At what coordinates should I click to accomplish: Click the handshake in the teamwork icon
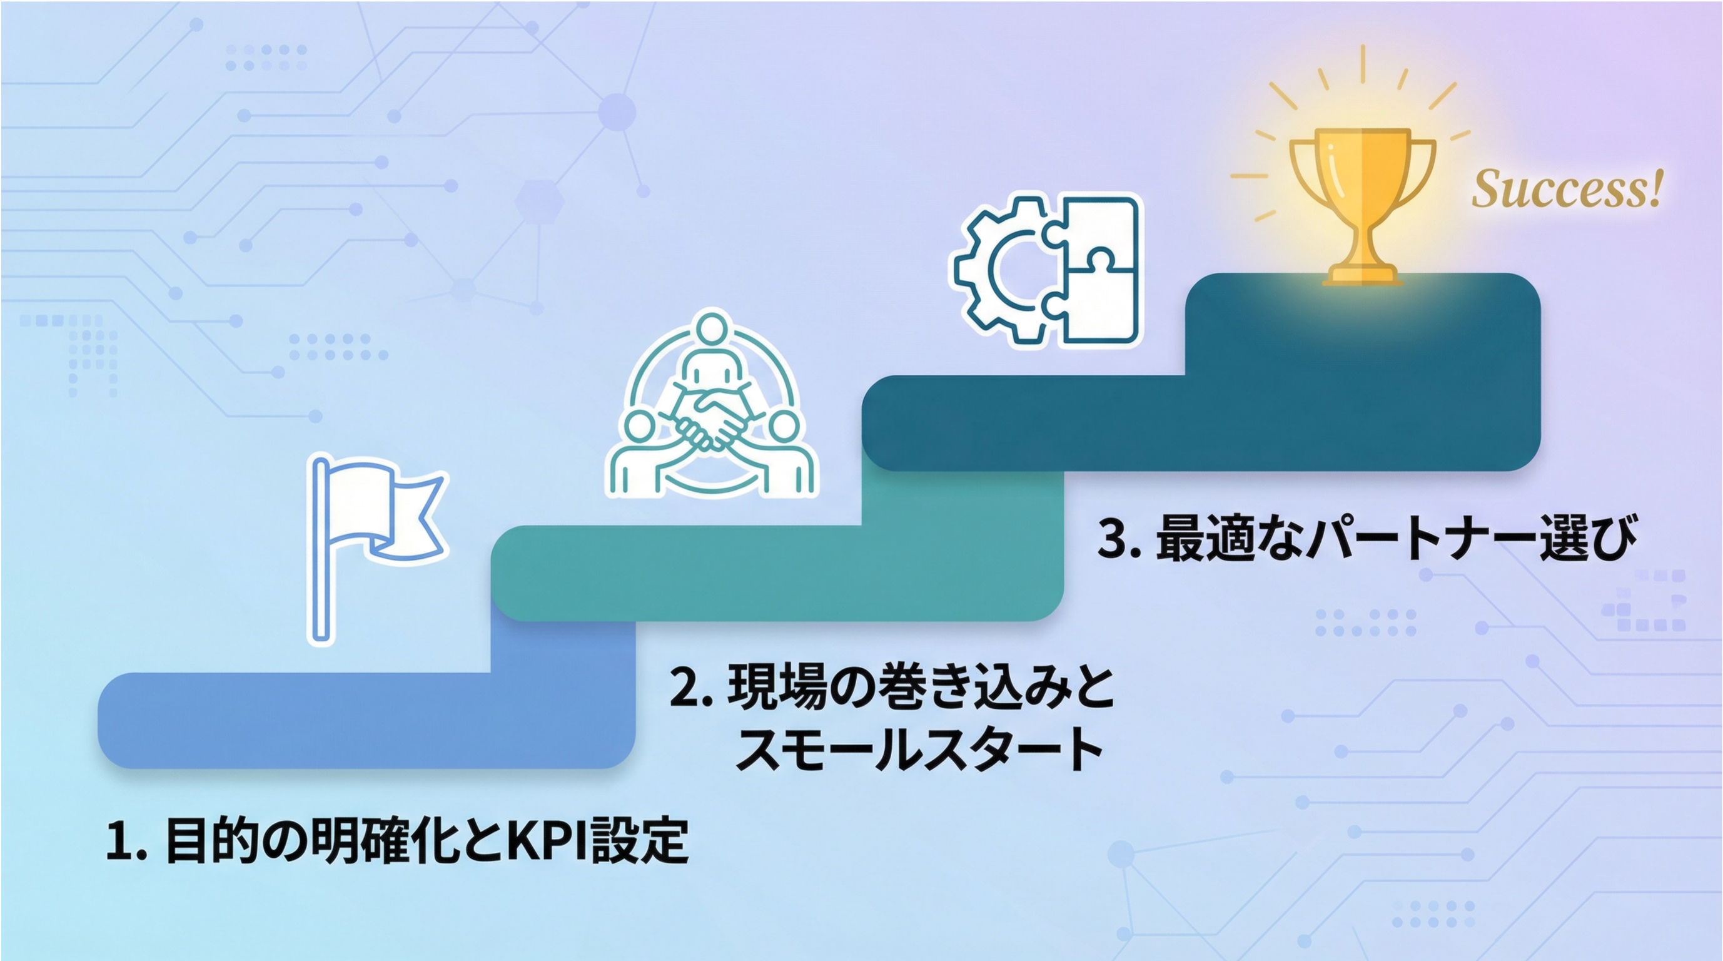(710, 422)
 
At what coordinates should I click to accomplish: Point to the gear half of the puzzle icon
(1000, 270)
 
